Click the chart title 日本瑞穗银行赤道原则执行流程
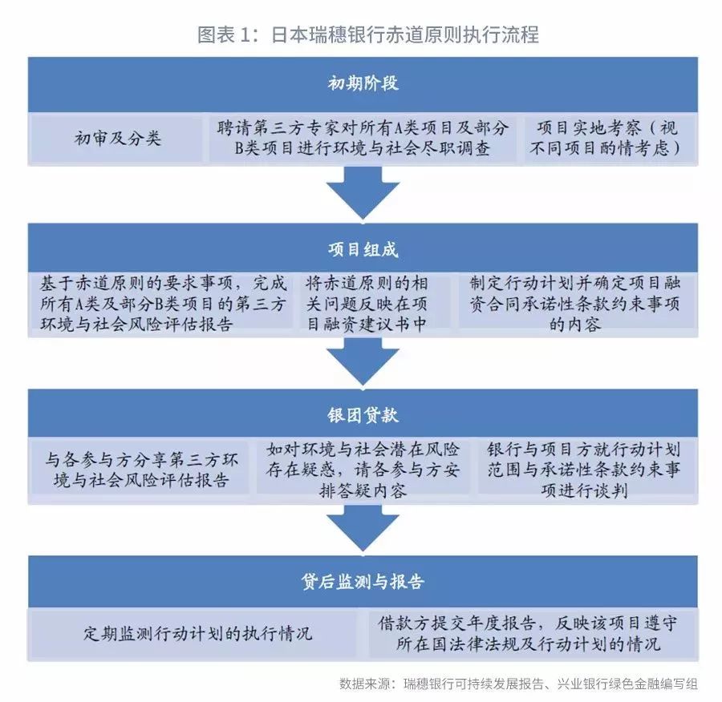[405, 34]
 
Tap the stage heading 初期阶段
[363, 83]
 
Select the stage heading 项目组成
[363, 249]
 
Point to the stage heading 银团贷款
[363, 415]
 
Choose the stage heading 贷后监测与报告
[363, 582]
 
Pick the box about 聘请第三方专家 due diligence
[363, 138]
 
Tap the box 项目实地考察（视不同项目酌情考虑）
[609, 138]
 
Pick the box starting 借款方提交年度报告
[531, 634]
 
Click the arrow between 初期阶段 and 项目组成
[363, 193]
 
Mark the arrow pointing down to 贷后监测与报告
[363, 527]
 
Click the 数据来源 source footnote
[518, 684]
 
